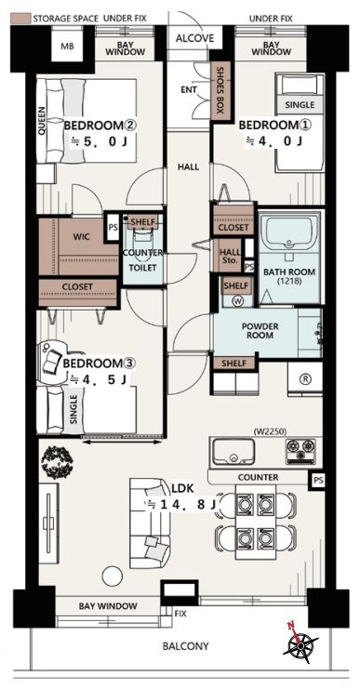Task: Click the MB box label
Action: pos(67,46)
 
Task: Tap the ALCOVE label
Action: pos(194,38)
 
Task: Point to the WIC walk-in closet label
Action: pos(82,237)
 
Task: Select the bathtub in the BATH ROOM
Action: pos(289,232)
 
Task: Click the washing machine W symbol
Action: pos(239,301)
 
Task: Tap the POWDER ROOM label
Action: pos(260,331)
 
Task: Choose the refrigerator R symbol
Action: pos(305,380)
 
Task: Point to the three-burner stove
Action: pos(300,451)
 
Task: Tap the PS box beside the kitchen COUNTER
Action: pos(319,480)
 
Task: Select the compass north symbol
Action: pos(300,643)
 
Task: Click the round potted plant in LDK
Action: pos(57,461)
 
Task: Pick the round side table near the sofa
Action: pos(113,576)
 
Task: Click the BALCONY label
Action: pos(186,646)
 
